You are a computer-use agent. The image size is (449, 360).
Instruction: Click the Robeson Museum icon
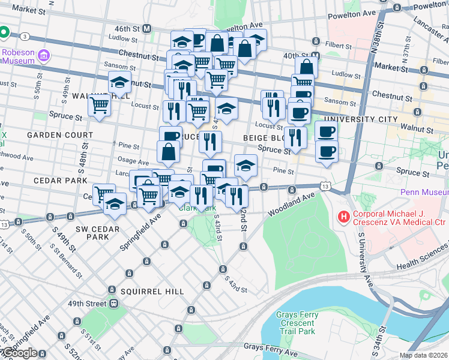pyautogui.click(x=43, y=56)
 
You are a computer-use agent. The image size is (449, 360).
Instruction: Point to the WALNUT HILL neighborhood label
pyautogui.click(x=89, y=96)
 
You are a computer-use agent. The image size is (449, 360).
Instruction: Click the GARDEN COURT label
pyautogui.click(x=59, y=135)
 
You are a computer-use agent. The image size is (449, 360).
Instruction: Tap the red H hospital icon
pyautogui.click(x=344, y=216)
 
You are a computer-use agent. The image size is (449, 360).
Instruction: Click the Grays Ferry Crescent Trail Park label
pyautogui.click(x=295, y=323)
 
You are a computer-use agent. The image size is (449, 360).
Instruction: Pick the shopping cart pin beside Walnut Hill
pyautogui.click(x=100, y=105)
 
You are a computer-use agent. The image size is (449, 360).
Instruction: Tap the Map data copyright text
pyautogui.click(x=423, y=355)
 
